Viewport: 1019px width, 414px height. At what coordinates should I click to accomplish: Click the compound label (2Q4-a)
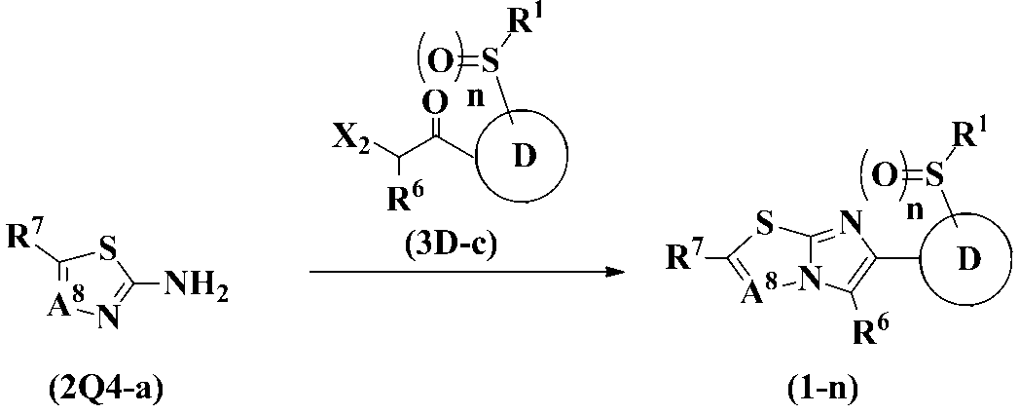coord(105,393)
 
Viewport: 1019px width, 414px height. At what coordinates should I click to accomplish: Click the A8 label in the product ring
coord(729,289)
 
